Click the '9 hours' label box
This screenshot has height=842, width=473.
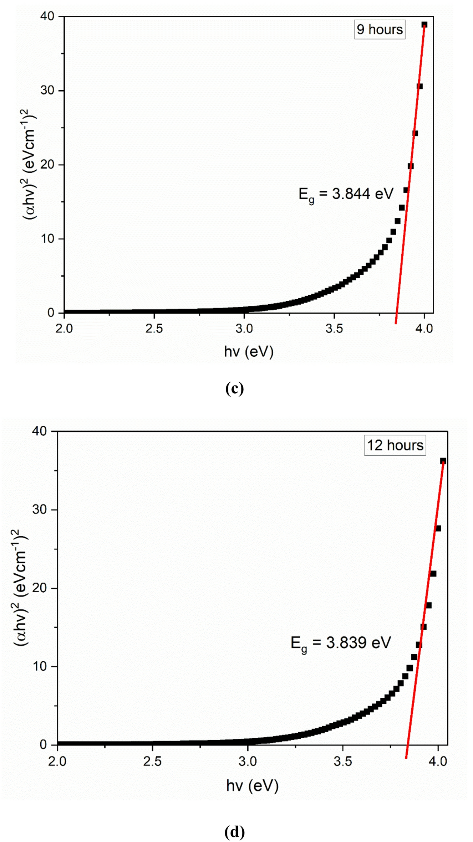(380, 29)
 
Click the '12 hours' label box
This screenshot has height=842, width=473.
(395, 445)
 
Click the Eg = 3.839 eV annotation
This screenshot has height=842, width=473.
(341, 643)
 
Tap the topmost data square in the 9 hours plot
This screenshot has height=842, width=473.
(424, 25)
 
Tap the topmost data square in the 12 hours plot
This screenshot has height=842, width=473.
(443, 461)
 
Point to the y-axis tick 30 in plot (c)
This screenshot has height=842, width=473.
(47, 91)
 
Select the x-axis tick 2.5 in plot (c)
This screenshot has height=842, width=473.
(154, 328)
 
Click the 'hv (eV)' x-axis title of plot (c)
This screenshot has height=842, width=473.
(249, 352)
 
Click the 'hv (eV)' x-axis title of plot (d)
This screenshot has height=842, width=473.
(252, 785)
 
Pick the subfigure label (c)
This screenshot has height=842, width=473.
(234, 388)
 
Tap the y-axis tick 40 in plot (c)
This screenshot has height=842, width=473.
(47, 16)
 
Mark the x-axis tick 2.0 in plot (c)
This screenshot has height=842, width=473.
(64, 328)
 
